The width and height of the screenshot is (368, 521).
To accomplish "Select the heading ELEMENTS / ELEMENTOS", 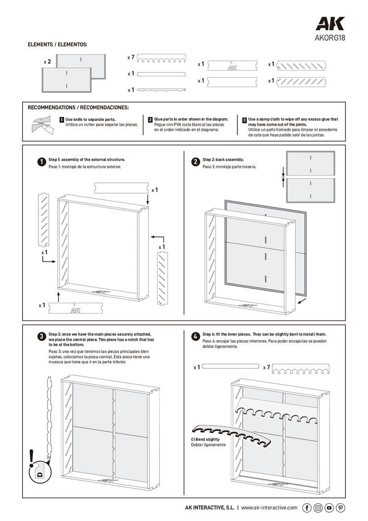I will click(x=57, y=45).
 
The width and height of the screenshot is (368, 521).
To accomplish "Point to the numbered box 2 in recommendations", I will click(x=150, y=120).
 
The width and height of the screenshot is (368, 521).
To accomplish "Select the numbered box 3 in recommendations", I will click(x=244, y=120).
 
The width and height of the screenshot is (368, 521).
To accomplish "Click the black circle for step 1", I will click(x=41, y=162).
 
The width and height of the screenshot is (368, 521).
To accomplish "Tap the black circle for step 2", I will click(x=195, y=162).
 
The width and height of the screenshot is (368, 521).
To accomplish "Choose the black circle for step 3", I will click(x=41, y=337).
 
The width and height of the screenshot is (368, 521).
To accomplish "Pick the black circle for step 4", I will click(x=195, y=337).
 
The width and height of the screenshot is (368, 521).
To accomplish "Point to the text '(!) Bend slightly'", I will click(x=205, y=440).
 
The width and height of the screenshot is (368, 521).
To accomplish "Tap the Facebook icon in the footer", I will click(x=307, y=507).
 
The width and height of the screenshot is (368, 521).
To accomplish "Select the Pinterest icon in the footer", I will click(x=340, y=507).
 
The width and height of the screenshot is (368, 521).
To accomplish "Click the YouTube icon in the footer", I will click(x=329, y=507).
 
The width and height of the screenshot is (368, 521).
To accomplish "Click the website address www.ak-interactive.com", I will click(x=269, y=507).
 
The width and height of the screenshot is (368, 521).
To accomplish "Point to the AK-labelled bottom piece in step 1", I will click(x=74, y=309).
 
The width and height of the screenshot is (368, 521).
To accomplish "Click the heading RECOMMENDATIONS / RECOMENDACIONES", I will click(x=78, y=108).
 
